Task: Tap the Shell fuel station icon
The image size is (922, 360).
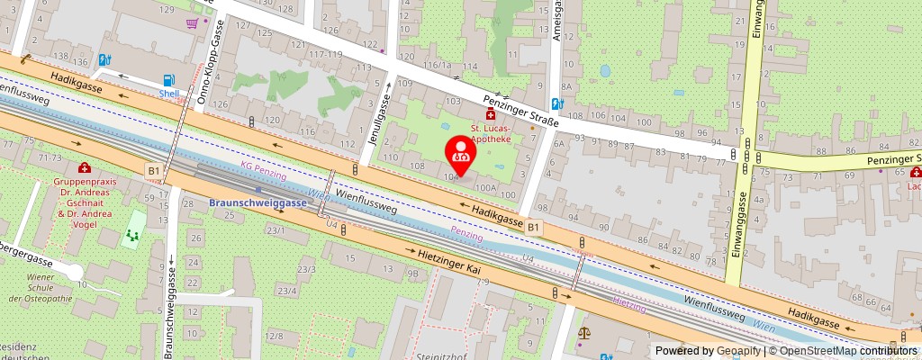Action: [167, 80]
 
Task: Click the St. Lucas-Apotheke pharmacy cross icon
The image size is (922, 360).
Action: [491, 114]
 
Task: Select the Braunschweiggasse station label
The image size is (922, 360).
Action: [258, 202]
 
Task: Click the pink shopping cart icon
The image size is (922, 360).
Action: [192, 24]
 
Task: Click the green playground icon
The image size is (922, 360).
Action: [133, 236]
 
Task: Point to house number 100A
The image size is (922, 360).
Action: [487, 188]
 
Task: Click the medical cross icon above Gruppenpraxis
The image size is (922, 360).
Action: [84, 167]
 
